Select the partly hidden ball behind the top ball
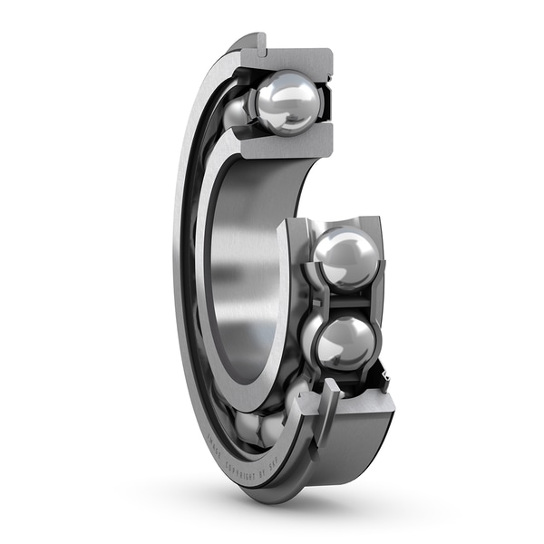pos(238,112)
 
